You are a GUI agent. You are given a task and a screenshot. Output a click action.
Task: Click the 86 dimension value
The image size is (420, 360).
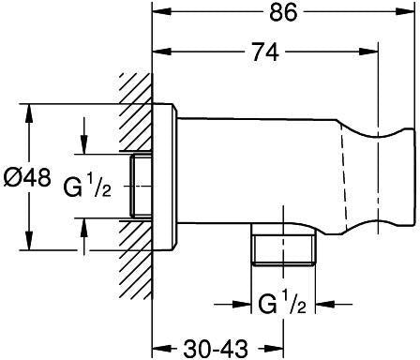pyautogui.click(x=283, y=13)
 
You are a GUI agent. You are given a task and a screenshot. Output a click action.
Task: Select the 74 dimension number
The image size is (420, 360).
pyautogui.click(x=265, y=52)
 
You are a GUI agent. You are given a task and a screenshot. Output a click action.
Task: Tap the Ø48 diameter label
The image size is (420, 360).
pyautogui.click(x=27, y=178)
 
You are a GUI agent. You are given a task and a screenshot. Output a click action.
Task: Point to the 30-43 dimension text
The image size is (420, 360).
pyautogui.click(x=216, y=349)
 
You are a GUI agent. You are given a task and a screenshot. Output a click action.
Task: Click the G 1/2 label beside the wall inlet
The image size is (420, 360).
pyautogui.click(x=87, y=186)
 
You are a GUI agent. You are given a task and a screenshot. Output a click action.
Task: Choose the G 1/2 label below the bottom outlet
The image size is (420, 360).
pyautogui.click(x=281, y=302)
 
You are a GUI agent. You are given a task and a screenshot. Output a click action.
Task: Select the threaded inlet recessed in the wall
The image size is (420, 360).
pyautogui.click(x=141, y=186)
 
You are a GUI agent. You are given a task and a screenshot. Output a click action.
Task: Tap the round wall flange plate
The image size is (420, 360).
pyautogui.click(x=165, y=177)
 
